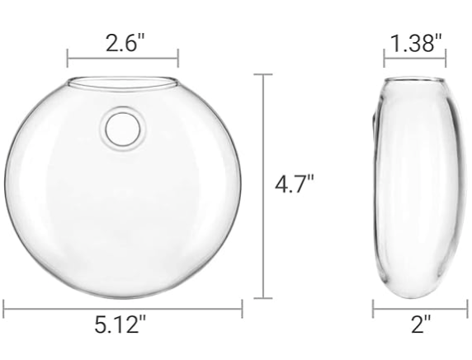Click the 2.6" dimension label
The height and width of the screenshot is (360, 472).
pos(125,42)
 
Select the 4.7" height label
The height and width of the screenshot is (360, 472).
pos(294,182)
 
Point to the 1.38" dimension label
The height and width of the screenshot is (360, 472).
pos(416,42)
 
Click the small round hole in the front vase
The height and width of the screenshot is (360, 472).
pos(123,129)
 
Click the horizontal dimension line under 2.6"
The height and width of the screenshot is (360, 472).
pos(123,59)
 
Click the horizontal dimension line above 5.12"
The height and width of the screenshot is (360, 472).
pos(123,310)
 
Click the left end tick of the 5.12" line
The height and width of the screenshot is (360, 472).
pos(4,310)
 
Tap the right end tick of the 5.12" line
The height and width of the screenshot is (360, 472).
pos(242,310)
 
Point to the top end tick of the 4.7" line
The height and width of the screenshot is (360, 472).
pos(262,75)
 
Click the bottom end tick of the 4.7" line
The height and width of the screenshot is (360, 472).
pos(262,297)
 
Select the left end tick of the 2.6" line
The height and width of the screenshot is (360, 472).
pos(68,59)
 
